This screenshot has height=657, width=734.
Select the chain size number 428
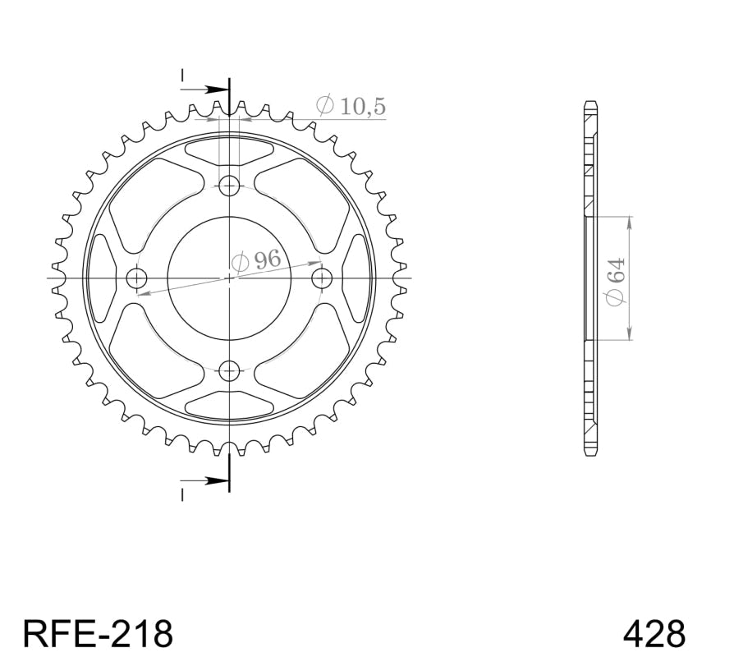pos(654,633)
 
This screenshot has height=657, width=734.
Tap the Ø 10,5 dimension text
pos(351,106)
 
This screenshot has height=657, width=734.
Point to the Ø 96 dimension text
pos(255,262)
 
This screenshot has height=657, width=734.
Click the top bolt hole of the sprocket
pos(230,184)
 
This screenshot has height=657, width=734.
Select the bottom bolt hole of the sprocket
pos(230,371)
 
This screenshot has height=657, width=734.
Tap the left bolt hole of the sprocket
pos(135,278)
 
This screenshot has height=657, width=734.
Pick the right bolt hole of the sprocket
pos(323,278)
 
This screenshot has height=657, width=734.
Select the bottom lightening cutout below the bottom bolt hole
pos(230,405)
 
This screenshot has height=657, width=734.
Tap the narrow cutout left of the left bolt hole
pos(101,278)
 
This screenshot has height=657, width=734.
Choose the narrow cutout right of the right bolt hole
pos(357,278)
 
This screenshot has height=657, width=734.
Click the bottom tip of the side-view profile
pos(590,453)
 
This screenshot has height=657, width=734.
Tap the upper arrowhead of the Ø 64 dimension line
pos(629,221)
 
